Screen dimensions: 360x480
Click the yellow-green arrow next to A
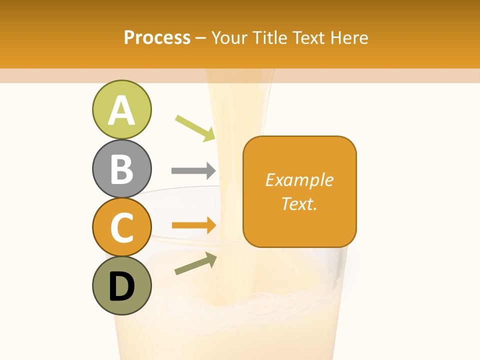click(x=195, y=128)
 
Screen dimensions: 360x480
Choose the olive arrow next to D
click(x=195, y=263)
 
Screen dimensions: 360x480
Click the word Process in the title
click(x=157, y=37)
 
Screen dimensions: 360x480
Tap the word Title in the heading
click(x=268, y=37)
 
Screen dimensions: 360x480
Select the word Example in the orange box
click(x=299, y=180)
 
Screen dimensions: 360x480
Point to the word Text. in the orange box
click(x=299, y=203)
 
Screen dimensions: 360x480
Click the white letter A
click(x=121, y=110)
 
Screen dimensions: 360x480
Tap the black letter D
click(x=121, y=286)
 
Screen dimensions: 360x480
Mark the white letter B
click(x=121, y=168)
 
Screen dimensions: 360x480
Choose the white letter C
click(x=121, y=227)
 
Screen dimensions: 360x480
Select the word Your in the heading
click(x=230, y=37)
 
